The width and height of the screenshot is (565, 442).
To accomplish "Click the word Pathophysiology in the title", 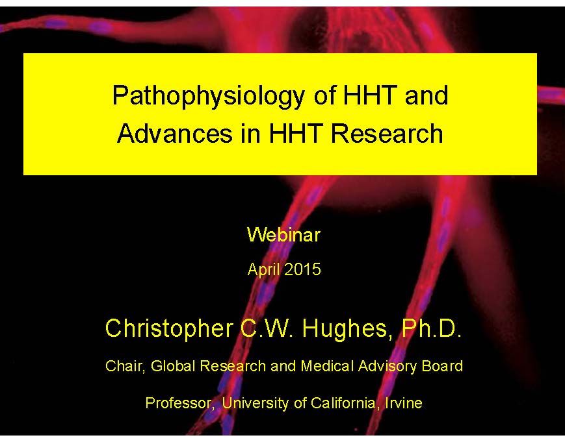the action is [209, 97].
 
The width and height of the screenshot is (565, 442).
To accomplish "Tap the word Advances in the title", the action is [175, 134].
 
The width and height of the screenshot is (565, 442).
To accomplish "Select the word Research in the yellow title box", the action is [387, 134].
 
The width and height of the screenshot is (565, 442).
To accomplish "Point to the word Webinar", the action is [284, 235].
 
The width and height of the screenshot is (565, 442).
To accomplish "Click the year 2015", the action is [302, 269].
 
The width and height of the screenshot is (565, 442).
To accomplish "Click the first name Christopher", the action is [169, 329].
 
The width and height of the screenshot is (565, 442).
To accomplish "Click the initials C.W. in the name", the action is [267, 328].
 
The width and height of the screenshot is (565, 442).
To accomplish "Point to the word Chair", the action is [125, 367].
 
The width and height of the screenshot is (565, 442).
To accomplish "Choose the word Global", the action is [174, 366].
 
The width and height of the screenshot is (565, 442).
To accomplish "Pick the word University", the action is [255, 404].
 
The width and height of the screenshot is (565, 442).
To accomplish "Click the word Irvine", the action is [404, 403].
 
